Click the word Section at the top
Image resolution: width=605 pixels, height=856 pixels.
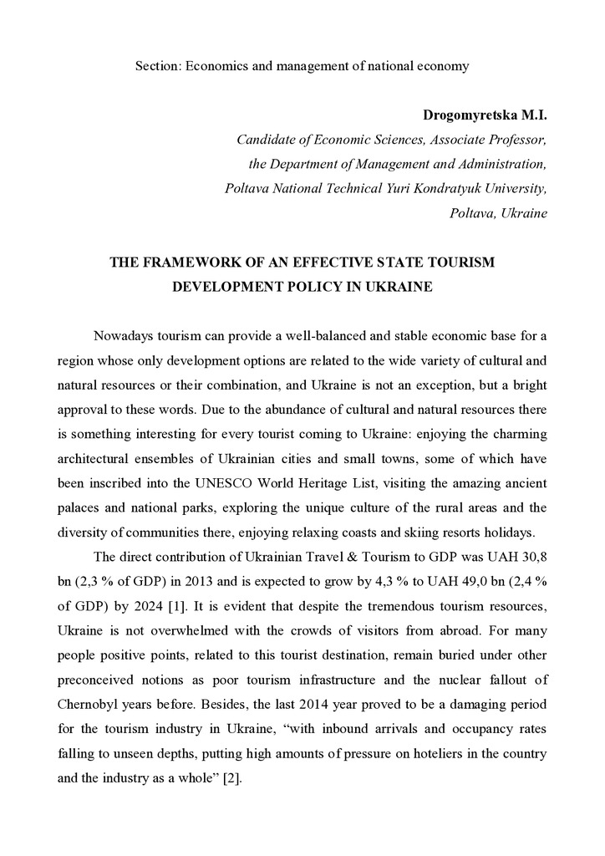pyautogui.click(x=156, y=66)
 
